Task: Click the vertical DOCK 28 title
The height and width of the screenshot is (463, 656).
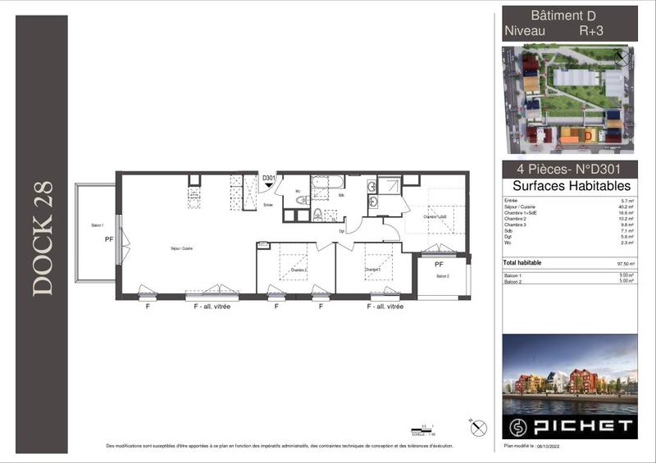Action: point(43,238)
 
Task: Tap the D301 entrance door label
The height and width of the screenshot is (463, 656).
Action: point(268,178)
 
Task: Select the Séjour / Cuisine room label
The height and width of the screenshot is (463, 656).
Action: point(181,247)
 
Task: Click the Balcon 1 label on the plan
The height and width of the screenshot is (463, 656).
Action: point(98,225)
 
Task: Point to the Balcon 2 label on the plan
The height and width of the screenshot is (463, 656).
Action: point(443,277)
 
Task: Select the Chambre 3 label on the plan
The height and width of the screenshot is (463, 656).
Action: point(373,270)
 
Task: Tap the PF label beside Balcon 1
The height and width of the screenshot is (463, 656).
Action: point(108,240)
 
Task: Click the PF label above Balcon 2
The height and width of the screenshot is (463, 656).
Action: point(439,265)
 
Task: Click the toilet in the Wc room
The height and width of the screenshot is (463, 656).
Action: point(303,199)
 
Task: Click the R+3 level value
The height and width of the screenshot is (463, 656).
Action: point(593,31)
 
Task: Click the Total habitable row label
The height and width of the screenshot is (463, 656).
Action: point(522,263)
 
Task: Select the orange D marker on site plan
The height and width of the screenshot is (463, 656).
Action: point(588,134)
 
